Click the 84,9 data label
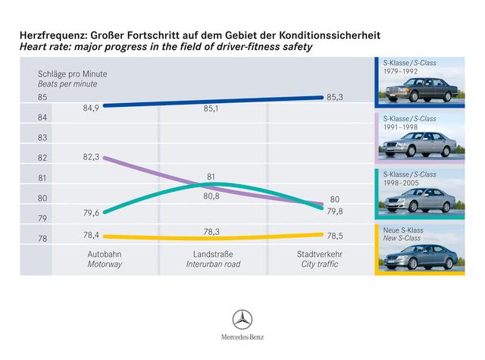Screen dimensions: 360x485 click(x=92, y=108)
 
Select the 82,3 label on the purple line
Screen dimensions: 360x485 click(x=92, y=157)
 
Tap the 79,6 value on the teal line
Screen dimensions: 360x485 click(x=92, y=212)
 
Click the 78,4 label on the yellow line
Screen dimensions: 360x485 click(x=92, y=236)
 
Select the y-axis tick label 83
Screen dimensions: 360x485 click(x=42, y=138)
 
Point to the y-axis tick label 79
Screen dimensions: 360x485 click(x=42, y=219)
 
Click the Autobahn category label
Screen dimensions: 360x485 click(x=103, y=255)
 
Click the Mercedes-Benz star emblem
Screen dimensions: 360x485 click(x=242, y=319)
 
